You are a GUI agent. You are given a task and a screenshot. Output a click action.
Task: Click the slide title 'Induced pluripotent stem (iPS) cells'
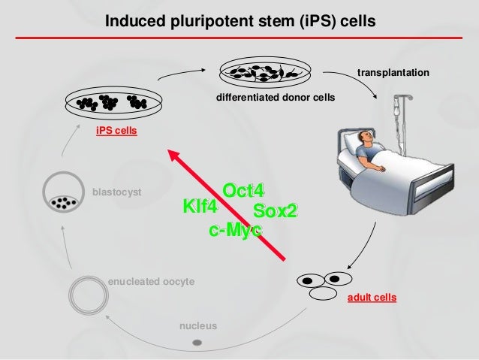click(239, 18)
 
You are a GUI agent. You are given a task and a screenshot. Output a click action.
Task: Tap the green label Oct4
click(244, 190)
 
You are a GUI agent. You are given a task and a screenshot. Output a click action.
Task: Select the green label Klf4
click(200, 207)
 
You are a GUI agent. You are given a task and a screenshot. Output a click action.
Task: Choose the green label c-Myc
click(235, 230)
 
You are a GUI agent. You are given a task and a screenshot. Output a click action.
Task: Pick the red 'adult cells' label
click(372, 298)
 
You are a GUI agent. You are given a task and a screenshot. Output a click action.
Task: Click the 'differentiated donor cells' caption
click(275, 98)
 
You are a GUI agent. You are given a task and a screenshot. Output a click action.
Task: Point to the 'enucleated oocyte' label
click(151, 280)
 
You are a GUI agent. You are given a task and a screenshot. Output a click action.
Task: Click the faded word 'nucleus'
click(198, 325)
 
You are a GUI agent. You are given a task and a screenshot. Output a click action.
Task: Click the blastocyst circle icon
click(63, 192)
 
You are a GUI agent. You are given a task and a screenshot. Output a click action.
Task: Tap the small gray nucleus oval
click(197, 343)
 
